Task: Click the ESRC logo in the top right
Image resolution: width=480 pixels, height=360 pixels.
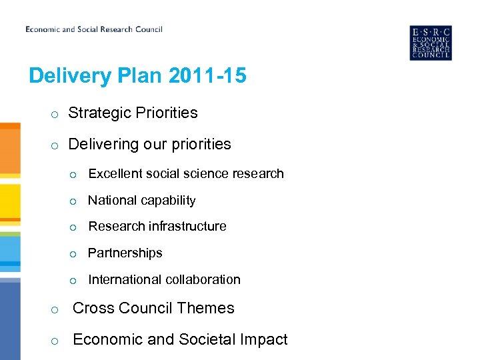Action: [431, 43]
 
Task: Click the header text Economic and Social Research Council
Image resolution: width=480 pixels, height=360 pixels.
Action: [94, 29]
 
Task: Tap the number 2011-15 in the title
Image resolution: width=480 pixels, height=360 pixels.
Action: [207, 76]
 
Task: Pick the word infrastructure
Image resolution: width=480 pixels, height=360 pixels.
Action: [188, 227]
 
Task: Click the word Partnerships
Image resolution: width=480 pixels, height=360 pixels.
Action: [125, 253]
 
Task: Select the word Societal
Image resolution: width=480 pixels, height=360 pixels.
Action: [206, 340]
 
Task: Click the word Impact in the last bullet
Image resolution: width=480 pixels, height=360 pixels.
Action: [265, 340]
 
